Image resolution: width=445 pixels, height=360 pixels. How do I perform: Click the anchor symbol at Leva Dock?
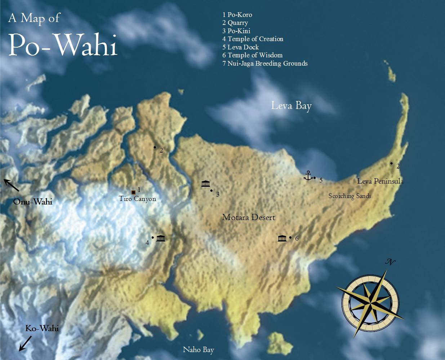pos(308,176)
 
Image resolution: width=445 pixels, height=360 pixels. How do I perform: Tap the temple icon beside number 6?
pos(282,238)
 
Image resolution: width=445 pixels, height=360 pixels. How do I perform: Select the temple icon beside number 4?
pos(161,238)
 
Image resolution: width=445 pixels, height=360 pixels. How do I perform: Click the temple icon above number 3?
pos(206,184)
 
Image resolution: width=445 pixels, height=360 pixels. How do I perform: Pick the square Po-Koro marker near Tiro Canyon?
pos(133,192)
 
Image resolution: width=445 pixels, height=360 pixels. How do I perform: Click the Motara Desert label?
pos(248,217)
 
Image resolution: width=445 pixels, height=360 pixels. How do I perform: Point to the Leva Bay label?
pos(291,106)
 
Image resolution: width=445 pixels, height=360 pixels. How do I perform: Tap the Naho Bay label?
pos(198,350)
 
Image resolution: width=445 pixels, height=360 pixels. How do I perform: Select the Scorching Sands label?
pos(350,196)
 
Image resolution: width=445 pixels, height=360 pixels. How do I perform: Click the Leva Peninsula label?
pos(380,181)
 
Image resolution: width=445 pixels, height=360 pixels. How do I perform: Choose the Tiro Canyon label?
pos(137,199)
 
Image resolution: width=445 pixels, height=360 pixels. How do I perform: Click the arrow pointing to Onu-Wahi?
pos(11,185)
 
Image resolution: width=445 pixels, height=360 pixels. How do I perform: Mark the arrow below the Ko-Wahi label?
pos(25,343)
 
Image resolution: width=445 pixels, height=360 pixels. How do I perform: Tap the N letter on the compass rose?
pos(390,262)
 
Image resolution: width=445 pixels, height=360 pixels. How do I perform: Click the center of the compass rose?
pos(370,299)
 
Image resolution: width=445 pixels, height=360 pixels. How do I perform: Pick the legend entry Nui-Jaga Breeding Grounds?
pos(265,63)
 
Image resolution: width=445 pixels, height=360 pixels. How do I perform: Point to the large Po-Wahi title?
pos(63,45)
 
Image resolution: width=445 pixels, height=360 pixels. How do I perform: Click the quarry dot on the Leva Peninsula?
pos(392,163)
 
